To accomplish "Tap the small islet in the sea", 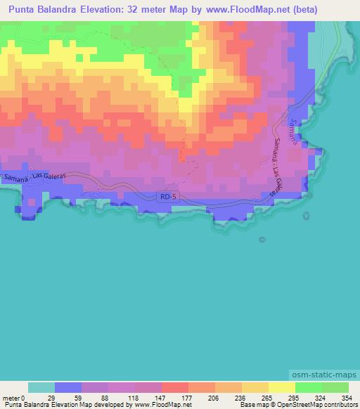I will pos(262,240).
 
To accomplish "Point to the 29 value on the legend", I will pos(56,398).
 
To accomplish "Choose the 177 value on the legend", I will pos(188,398).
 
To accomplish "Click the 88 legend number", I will pos(109,398).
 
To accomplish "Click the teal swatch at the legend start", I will pos(41,387).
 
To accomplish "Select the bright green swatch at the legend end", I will pos(335,387).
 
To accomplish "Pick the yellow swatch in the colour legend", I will pos(281,387).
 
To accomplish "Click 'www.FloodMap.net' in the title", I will pos(239,10).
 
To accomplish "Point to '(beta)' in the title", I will pos(300,10).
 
